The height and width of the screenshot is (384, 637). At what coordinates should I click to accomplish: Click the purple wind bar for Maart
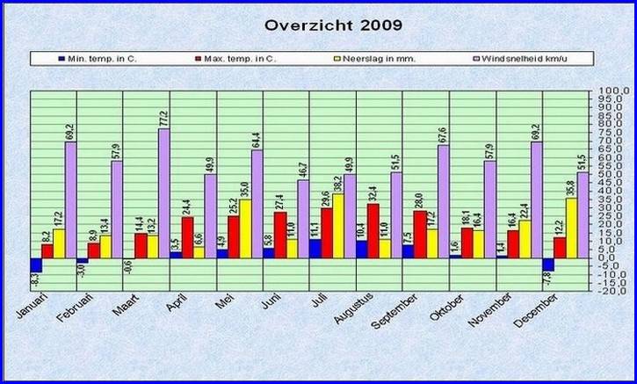[x=163, y=193]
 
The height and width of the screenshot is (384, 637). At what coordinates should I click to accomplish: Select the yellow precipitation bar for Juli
[x=338, y=226]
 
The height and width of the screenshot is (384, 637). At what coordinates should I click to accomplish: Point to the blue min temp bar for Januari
[x=36, y=264]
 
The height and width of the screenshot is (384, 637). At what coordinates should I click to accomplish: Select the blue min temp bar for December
[x=548, y=264]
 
